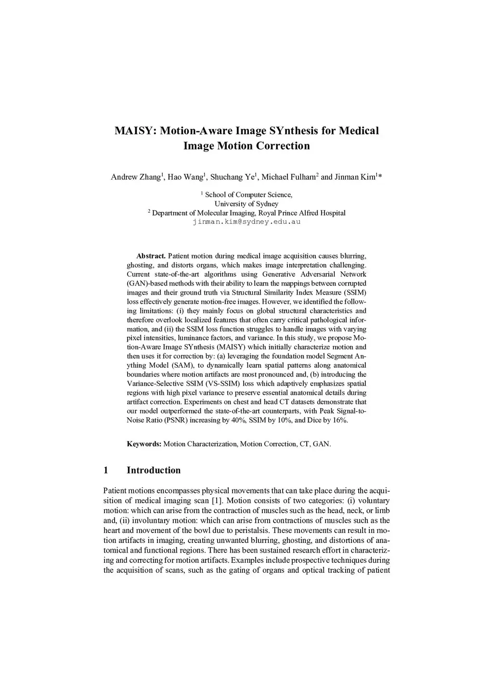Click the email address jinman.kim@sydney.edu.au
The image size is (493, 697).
pos(246,222)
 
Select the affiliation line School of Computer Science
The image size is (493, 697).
pos(248,195)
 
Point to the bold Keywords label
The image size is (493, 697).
pos(144,444)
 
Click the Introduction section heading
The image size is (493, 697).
pos(154,470)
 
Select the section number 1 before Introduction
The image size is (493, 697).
pos(106,470)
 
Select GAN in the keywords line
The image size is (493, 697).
pos(321,444)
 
